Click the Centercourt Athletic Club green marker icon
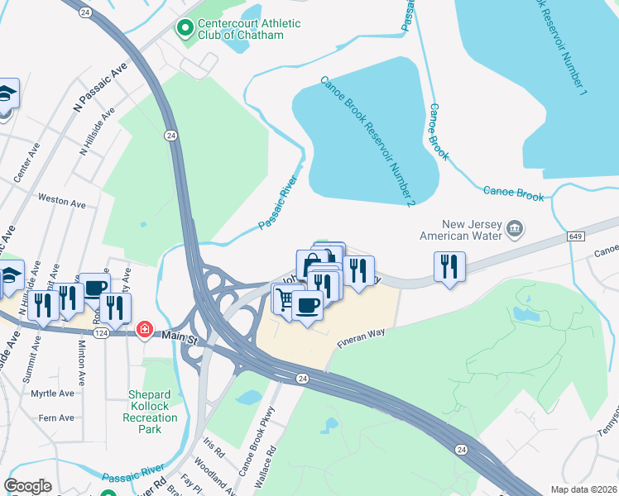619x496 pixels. coord(184,29)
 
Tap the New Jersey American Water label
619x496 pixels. coord(473,229)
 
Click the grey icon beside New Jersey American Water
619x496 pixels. coord(514,228)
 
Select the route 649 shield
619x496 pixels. coord(577,236)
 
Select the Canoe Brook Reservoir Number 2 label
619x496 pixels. coord(367,141)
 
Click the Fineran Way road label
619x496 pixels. coord(361,336)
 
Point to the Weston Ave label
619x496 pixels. coord(62,201)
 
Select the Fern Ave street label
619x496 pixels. coord(55,418)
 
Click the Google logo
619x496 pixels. coord(28,486)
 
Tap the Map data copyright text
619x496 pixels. coord(584,489)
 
